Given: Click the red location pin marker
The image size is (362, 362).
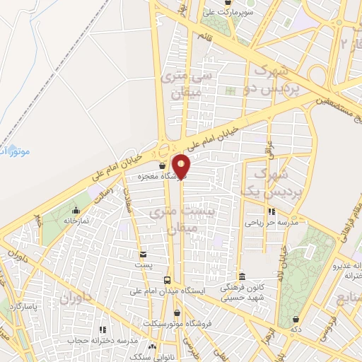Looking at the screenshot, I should coord(182,165).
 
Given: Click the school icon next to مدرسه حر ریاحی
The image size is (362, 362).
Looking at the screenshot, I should coord(270,211).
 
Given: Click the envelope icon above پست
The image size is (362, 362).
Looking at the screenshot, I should coord(144,253).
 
